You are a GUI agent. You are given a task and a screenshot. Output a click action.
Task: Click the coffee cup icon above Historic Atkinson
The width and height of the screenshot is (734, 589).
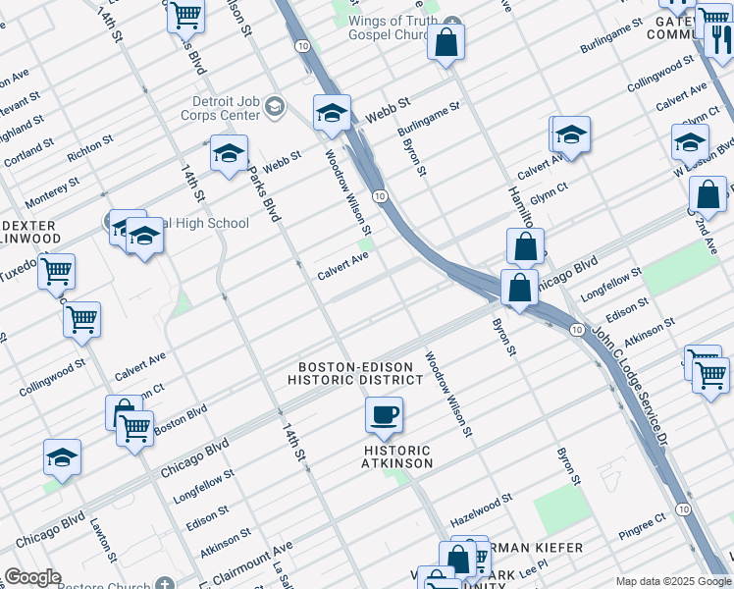(x=385, y=413)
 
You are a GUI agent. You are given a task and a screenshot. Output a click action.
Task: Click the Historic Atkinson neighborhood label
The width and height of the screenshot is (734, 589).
(x=396, y=456)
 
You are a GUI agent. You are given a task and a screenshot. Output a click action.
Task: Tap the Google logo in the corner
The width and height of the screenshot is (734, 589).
(x=32, y=577)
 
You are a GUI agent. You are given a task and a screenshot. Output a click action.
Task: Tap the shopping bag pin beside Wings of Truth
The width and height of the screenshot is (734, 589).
(x=446, y=42)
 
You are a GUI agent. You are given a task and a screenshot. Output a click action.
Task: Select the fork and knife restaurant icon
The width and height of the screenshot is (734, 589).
(x=719, y=39)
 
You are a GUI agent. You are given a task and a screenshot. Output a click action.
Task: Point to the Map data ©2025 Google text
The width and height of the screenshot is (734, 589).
(x=673, y=581)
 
